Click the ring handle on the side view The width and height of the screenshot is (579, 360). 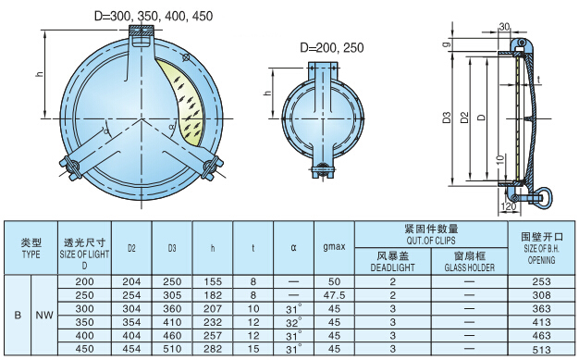coord(543,195)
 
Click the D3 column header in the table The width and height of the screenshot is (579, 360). coord(172,248)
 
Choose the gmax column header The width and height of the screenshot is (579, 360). coord(334,248)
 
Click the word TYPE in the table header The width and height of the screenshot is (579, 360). coord(31,253)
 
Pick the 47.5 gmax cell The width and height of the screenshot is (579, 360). coord(334,293)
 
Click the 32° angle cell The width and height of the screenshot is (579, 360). coord(294,322)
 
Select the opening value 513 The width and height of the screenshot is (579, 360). coord(541,350)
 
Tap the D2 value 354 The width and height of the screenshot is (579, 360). coord(131,322)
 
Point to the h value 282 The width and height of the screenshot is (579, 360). coord(213,350)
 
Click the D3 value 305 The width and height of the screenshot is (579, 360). coord(172,293)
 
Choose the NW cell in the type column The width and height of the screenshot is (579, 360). coord(44,315)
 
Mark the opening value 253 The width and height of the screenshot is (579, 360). coord(541,280)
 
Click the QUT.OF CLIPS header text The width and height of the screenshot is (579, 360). coord(431,239)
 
